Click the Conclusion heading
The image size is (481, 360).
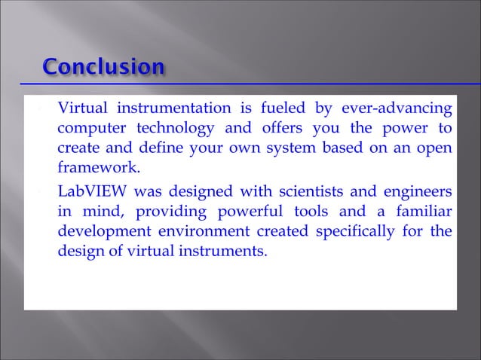[103, 68]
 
